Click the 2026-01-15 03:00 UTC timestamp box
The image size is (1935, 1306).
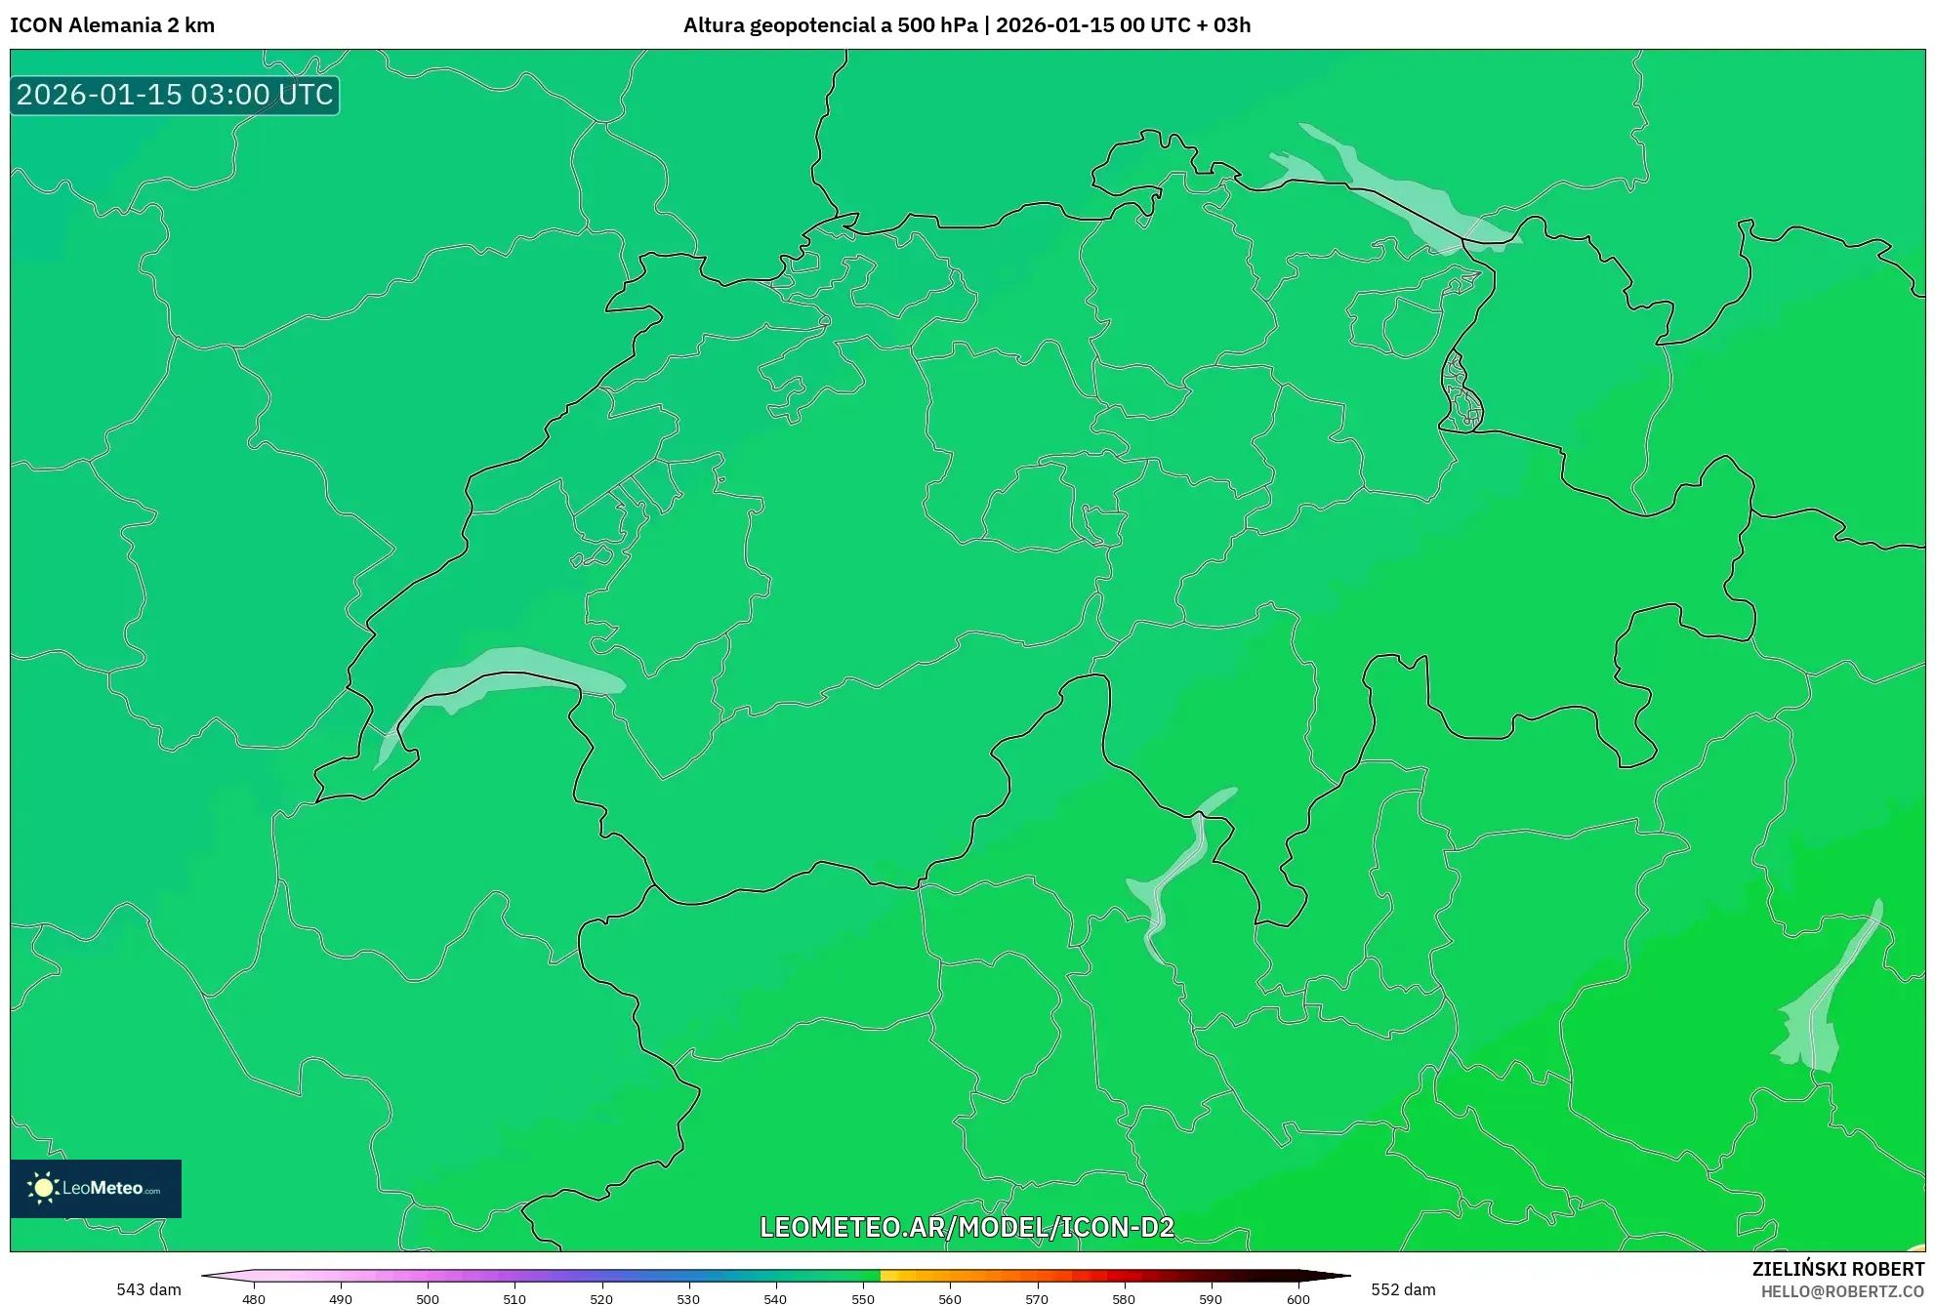pyautogui.click(x=175, y=95)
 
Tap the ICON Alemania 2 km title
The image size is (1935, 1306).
pyautogui.click(x=112, y=25)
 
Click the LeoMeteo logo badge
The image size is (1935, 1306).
pyautogui.click(x=96, y=1188)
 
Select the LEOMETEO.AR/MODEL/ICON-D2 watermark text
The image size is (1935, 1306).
pyautogui.click(x=967, y=1227)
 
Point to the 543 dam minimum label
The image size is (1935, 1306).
pyautogui.click(x=148, y=1289)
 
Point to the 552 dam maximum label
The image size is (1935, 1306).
pyautogui.click(x=1403, y=1289)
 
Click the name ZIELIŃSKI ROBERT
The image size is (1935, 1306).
pyautogui.click(x=1838, y=1269)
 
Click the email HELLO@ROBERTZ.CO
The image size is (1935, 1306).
pyautogui.click(x=1842, y=1291)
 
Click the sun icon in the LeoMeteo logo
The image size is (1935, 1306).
pyautogui.click(x=43, y=1188)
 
